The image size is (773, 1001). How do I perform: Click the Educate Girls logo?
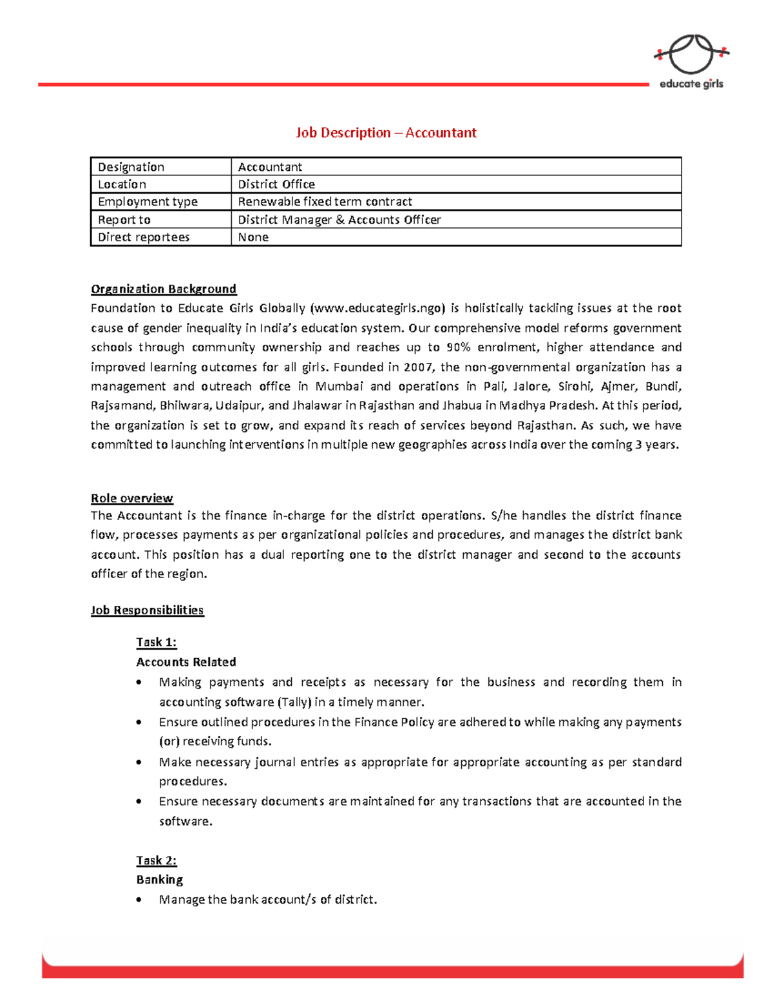point(691,62)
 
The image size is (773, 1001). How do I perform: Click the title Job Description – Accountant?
point(386,133)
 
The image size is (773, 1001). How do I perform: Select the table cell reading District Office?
point(276,184)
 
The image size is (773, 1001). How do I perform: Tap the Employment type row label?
point(148,202)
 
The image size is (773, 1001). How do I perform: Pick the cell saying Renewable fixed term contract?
point(325,202)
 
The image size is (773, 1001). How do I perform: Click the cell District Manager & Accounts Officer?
point(339,220)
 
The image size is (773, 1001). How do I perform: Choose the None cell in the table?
point(253,237)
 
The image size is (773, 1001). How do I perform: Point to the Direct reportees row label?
point(144,237)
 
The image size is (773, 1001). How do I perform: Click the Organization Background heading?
point(164,289)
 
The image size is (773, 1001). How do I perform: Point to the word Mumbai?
point(339,387)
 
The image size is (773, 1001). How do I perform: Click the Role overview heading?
point(131,498)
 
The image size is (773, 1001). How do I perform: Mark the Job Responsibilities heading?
point(147,610)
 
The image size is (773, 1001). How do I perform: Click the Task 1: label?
point(156,642)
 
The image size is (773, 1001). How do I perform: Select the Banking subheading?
point(159,880)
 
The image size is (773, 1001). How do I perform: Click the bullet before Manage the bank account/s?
point(140,900)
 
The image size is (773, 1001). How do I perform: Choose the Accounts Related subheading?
point(186,662)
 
